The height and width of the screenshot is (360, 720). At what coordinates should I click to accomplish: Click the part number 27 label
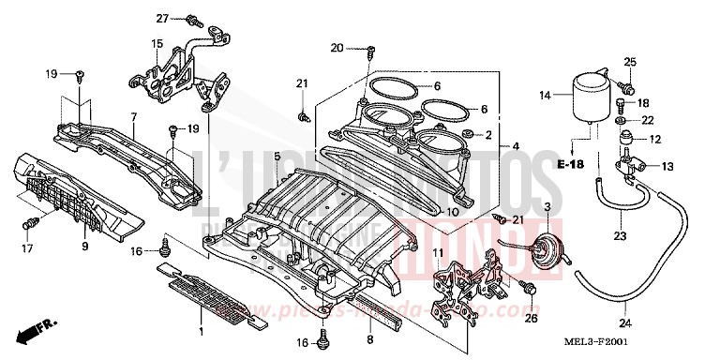[x=161, y=18]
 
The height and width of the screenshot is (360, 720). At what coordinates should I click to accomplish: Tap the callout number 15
[x=157, y=43]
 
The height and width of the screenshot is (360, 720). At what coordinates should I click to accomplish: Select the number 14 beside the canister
[x=545, y=96]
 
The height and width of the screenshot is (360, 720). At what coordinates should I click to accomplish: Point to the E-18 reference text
[x=568, y=165]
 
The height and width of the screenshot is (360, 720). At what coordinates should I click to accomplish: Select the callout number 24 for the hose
[x=626, y=323]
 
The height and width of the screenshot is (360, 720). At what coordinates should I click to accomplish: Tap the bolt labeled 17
[x=35, y=222]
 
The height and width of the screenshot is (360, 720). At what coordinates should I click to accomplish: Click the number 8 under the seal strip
[x=369, y=341]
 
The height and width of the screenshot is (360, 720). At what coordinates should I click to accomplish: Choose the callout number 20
[x=337, y=47]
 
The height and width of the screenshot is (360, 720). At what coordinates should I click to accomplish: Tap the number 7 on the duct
[x=134, y=117]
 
